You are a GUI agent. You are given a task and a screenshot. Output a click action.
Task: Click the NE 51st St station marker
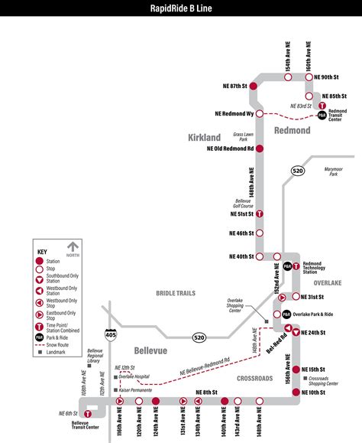(259, 215)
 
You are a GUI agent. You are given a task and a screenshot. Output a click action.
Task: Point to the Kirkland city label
(204, 138)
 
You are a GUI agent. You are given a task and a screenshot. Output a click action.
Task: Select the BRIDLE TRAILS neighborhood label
(176, 293)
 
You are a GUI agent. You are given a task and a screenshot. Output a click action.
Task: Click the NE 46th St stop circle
(259, 233)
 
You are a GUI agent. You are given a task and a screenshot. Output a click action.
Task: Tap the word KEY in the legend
(43, 251)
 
